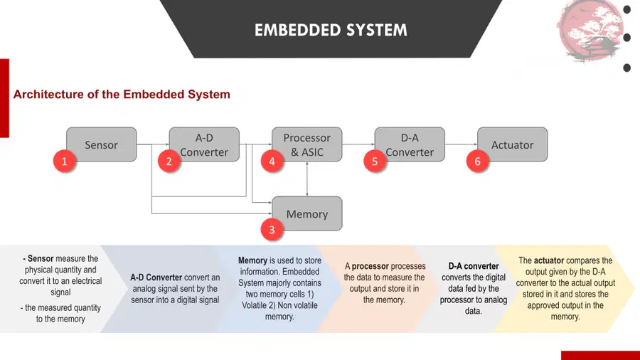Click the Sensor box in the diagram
point(102,144)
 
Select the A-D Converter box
point(205,144)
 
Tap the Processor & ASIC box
point(307,144)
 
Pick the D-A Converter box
point(410,144)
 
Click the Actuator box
point(513,144)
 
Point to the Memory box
point(307,213)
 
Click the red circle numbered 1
point(65,162)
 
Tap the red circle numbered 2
point(169,162)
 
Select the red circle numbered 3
point(272,230)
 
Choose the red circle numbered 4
point(272,162)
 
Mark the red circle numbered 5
point(375,162)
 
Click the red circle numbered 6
point(478,162)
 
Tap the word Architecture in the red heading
point(48,95)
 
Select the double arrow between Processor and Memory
point(307,179)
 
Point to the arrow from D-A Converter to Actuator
point(462,144)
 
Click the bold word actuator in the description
point(549,260)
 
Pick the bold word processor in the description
point(370,266)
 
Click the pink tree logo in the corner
point(589,31)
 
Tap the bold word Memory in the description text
point(252,260)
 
